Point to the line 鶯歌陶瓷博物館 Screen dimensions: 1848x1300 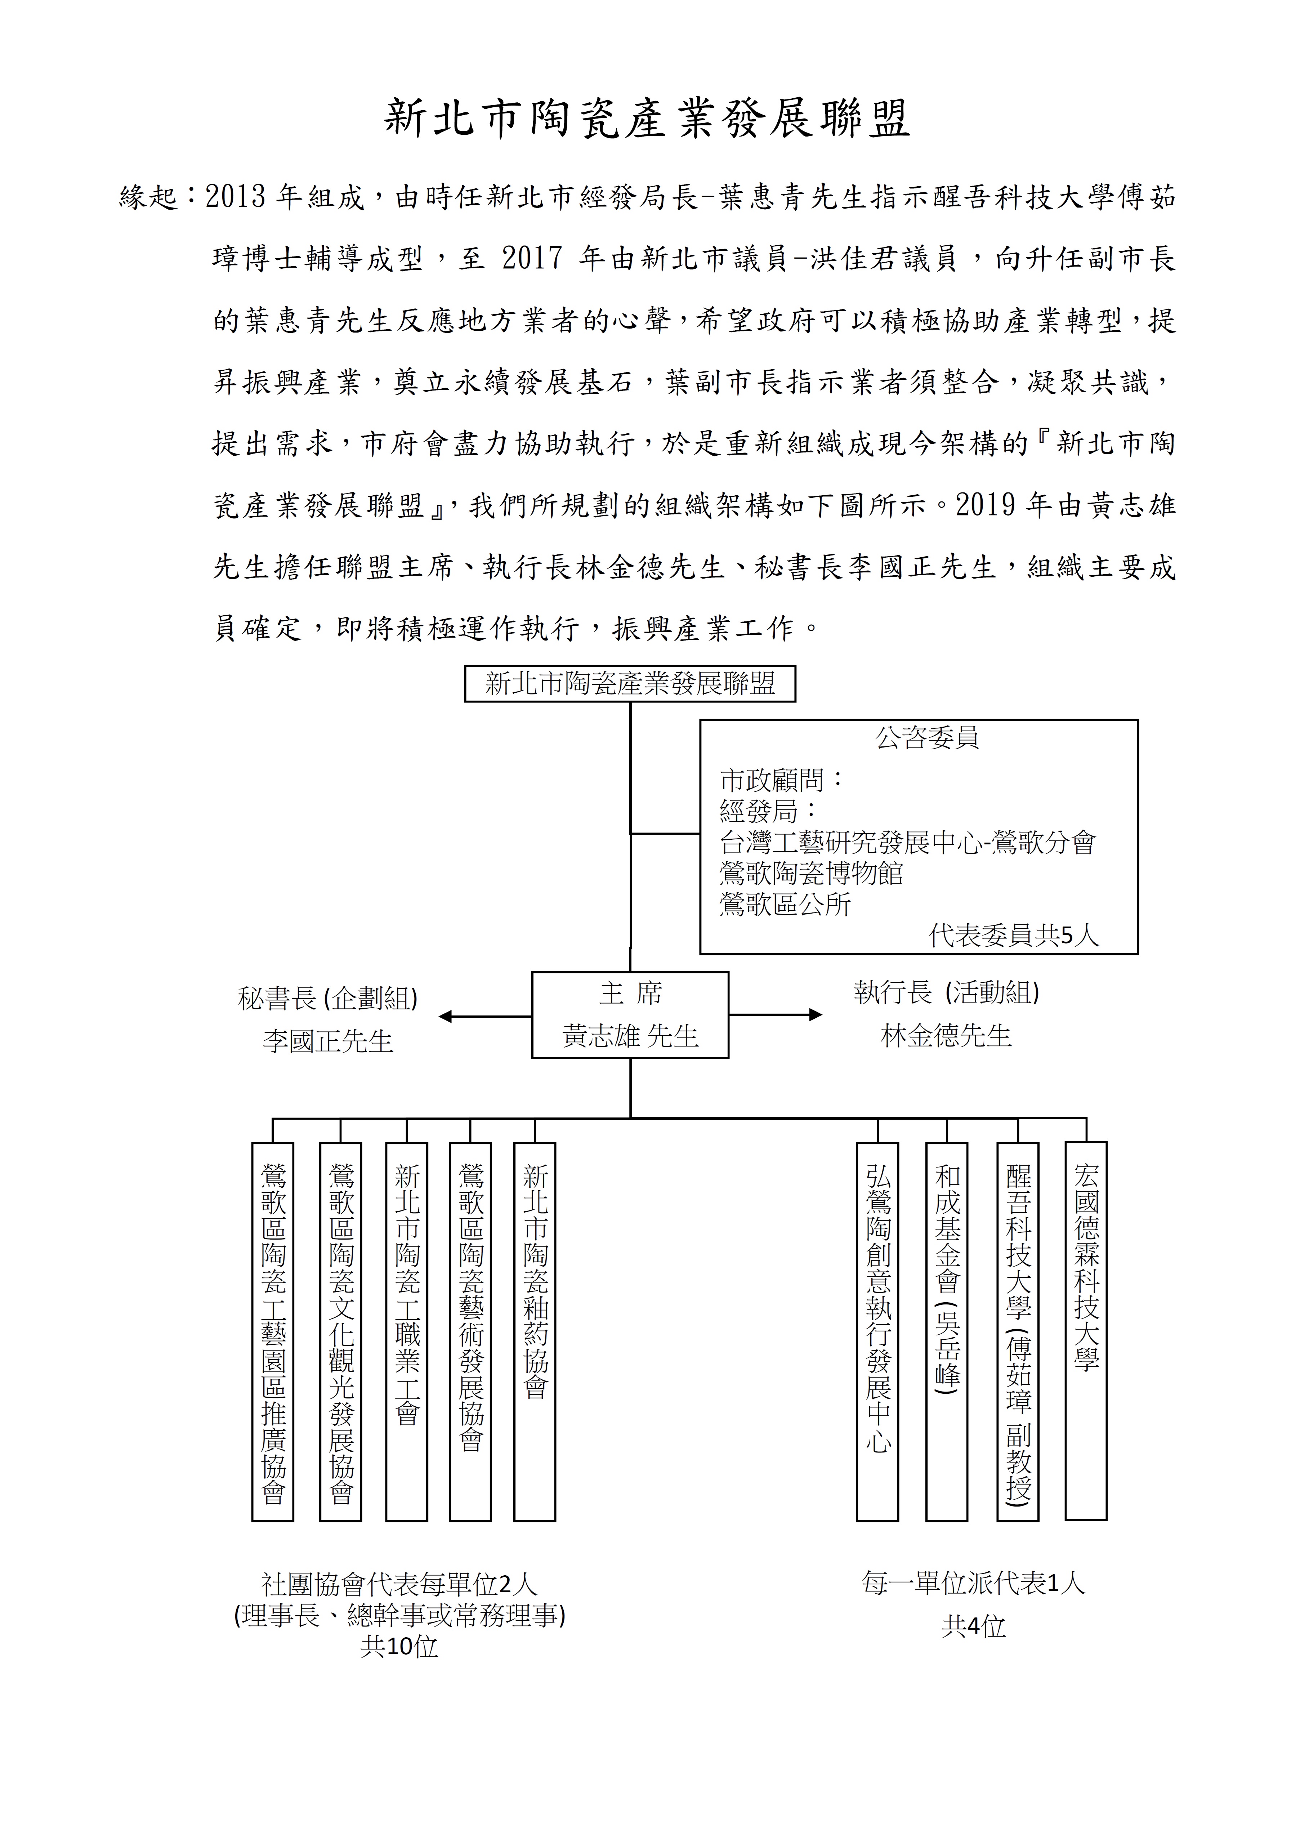point(812,873)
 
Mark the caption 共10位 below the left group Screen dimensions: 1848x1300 point(399,1647)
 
